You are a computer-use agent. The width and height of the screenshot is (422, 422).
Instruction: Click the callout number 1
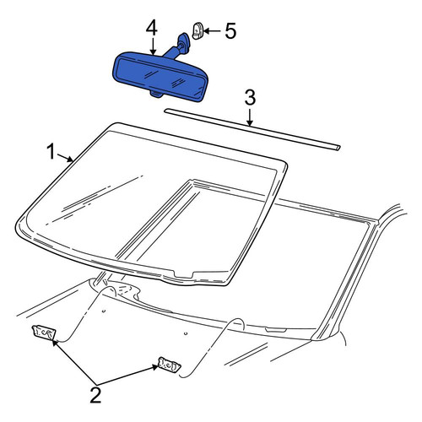(51, 151)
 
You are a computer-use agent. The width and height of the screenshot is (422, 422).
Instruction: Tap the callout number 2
(95, 395)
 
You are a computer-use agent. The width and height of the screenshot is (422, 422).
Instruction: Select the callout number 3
(250, 97)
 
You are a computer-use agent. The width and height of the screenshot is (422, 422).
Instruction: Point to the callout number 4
(152, 28)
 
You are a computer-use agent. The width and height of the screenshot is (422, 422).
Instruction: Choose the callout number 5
(230, 31)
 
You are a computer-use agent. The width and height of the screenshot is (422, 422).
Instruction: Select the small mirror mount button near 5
(197, 31)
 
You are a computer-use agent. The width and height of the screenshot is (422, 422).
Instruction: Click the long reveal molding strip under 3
(252, 129)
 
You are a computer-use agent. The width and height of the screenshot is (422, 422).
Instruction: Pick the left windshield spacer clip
(44, 333)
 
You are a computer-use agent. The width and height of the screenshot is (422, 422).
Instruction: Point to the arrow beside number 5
(212, 31)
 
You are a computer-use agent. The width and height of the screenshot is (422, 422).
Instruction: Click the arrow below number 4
(153, 46)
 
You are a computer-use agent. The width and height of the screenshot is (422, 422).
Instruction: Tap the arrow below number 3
(249, 116)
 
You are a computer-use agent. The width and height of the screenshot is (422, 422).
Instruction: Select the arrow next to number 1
(65, 158)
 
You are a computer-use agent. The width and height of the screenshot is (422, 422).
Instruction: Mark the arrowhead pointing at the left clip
(55, 343)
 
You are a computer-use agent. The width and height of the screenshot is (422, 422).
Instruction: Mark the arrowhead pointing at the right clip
(155, 366)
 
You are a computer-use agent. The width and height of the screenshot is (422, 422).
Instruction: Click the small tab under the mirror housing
(157, 94)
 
